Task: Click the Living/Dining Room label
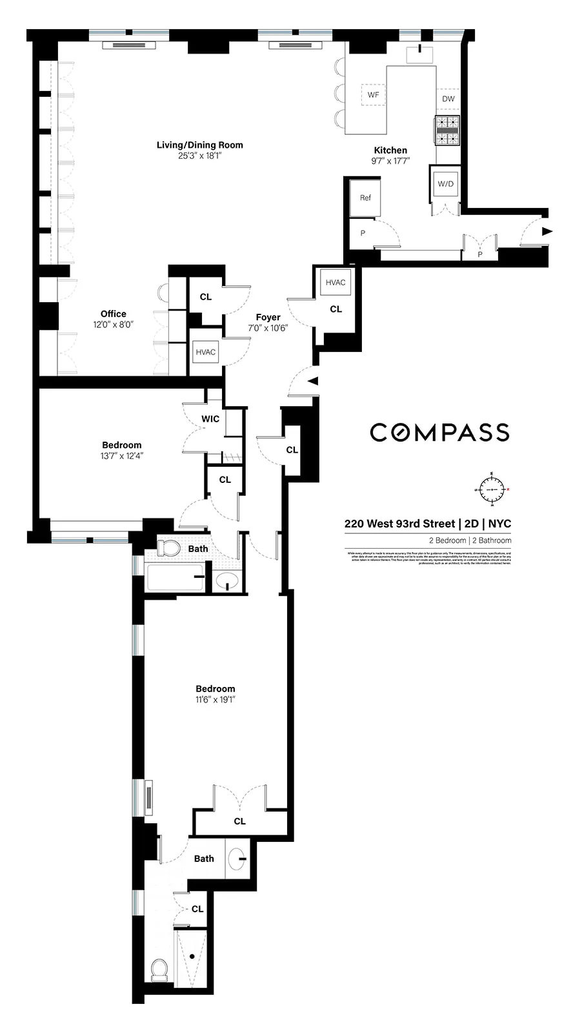pos(199,145)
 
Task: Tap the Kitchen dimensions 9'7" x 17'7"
pos(390,161)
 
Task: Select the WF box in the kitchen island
pos(373,95)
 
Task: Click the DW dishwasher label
pos(448,99)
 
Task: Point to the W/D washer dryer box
pos(445,184)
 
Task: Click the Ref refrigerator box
pos(365,198)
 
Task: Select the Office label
pos(113,314)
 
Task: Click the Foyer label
pos(268,317)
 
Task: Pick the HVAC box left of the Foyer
pos(205,352)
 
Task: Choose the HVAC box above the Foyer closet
pos(336,283)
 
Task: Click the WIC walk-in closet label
pos(210,419)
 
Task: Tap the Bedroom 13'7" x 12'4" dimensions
pos(121,456)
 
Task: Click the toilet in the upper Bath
pos(170,549)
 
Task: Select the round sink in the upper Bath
pos(226,582)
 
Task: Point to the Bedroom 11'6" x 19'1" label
pos(215,689)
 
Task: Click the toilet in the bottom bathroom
pos(159,969)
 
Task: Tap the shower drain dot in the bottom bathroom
pos(192,956)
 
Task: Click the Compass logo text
pos(439,433)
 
